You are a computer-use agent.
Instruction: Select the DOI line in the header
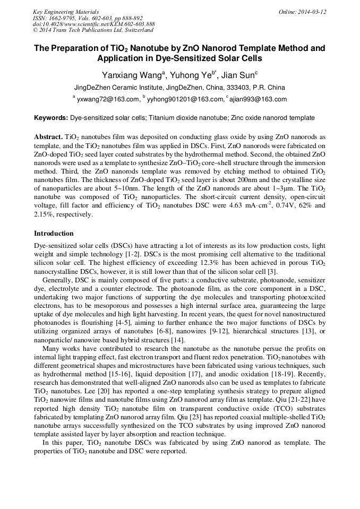pyautogui.click(x=93, y=24)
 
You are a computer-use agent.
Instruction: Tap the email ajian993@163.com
pyautogui.click(x=258, y=99)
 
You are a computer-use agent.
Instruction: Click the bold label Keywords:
pyautogui.click(x=51, y=118)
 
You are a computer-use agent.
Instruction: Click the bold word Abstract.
pyautogui.click(x=48, y=136)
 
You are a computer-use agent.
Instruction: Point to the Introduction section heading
pyautogui.click(x=54, y=234)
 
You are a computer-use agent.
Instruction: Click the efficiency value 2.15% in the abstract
pyautogui.click(x=44, y=214)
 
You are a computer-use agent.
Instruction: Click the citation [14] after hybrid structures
pyautogui.click(x=177, y=340)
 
